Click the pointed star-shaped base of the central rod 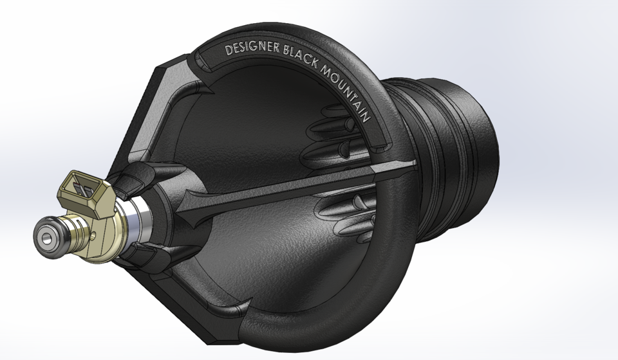(196, 212)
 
